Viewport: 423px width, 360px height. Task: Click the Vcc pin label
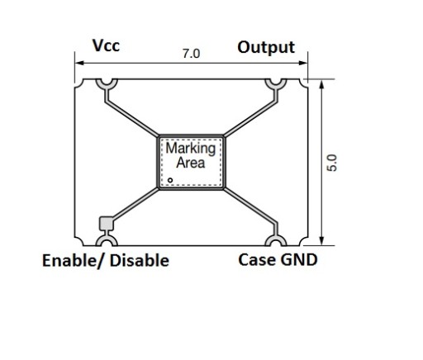(x=106, y=45)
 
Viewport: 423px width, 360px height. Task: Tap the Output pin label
(x=266, y=47)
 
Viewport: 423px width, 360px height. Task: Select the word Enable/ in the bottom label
(x=74, y=260)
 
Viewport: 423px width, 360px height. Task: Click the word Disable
(x=140, y=260)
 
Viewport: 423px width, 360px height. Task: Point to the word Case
(x=256, y=260)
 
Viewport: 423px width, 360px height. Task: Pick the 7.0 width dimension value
(x=192, y=54)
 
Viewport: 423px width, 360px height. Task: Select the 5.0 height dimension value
(x=332, y=163)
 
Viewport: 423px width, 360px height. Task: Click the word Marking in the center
(x=191, y=149)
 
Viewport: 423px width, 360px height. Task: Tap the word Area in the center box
(x=191, y=163)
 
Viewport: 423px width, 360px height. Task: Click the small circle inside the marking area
(x=170, y=180)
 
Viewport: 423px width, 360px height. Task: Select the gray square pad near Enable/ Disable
(x=106, y=223)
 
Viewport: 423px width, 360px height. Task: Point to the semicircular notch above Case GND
(x=276, y=240)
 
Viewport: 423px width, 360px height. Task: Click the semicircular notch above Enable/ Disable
(x=107, y=240)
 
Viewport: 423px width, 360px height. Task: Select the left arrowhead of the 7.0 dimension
(x=79, y=63)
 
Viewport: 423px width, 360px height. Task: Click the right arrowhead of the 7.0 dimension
(x=303, y=63)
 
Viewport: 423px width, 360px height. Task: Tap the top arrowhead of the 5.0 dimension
(x=321, y=84)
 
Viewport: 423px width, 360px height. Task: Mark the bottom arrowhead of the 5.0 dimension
(x=321, y=240)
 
